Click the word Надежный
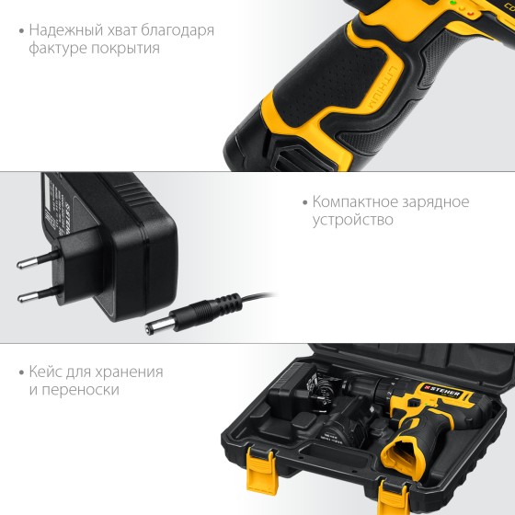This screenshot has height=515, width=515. [x=66, y=30]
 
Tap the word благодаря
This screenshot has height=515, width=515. [x=177, y=31]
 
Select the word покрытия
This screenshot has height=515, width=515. [x=125, y=48]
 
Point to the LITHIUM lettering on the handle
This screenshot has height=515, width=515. [x=383, y=86]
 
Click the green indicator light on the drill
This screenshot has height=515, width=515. [x=453, y=3]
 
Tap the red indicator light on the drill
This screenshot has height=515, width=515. [x=470, y=14]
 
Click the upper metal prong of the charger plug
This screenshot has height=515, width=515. [x=39, y=258]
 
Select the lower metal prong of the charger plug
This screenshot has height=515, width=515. [x=39, y=294]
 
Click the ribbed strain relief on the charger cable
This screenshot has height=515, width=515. [x=226, y=303]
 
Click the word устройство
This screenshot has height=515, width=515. [x=353, y=220]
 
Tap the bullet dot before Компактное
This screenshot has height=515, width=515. [x=305, y=202]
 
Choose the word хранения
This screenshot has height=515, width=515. [x=129, y=372]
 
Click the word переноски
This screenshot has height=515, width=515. [x=80, y=390]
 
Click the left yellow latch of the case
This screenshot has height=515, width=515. [x=261, y=471]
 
